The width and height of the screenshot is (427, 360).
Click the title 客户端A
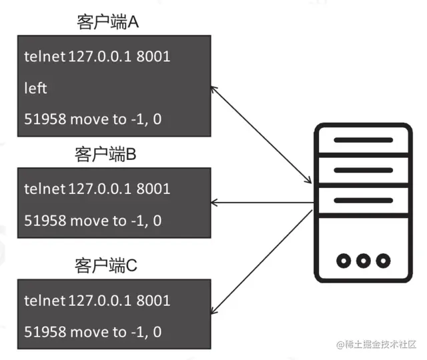click(107, 23)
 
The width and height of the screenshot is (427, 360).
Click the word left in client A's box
click(36, 88)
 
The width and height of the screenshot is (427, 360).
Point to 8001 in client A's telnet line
click(153, 57)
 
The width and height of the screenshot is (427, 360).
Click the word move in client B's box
click(88, 220)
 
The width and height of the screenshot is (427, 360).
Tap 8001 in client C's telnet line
click(153, 300)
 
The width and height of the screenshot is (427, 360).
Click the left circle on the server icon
click(344, 260)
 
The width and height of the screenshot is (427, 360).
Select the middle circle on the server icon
click(364, 260)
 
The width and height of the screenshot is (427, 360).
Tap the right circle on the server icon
click(382, 260)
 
